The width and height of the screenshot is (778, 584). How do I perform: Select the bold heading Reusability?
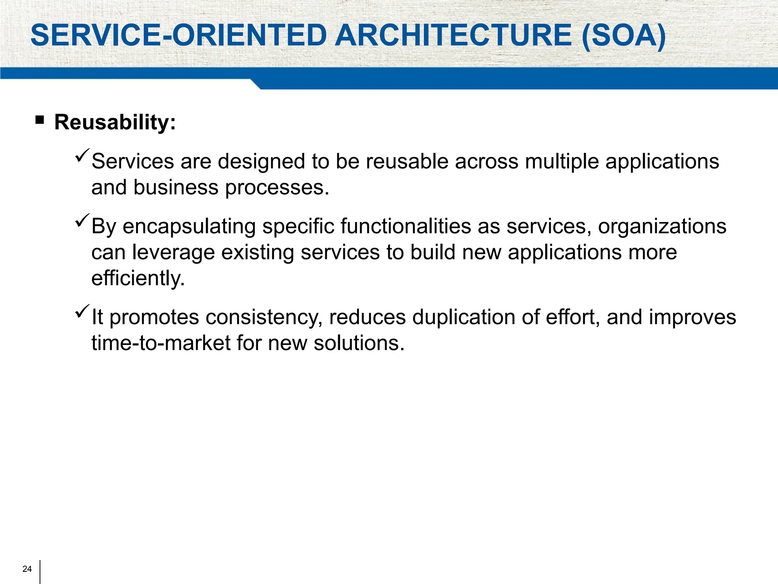[115, 122]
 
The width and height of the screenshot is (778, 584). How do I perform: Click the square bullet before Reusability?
[40, 121]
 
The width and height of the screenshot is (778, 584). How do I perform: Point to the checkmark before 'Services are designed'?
[82, 155]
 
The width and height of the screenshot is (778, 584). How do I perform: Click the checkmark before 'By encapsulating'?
[82, 220]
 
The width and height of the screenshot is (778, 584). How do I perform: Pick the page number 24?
[27, 569]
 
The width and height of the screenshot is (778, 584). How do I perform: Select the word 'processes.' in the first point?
[277, 187]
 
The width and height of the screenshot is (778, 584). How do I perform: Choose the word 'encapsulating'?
[189, 227]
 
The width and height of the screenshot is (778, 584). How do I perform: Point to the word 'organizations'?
[662, 227]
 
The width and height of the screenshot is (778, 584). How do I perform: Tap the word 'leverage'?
[173, 252]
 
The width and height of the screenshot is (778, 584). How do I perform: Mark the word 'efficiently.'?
[138, 278]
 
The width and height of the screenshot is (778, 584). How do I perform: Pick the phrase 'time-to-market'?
[161, 343]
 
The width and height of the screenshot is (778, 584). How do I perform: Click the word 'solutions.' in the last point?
[359, 343]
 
